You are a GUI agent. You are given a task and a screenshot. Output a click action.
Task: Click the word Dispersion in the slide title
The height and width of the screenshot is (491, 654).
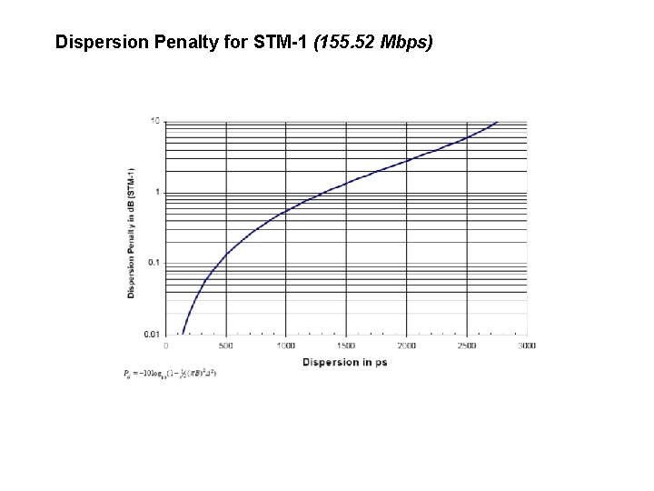96,43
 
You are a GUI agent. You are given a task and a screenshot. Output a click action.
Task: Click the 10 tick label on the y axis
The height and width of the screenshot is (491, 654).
155,120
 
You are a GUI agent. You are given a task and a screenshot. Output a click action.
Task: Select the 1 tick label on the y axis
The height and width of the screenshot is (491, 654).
158,192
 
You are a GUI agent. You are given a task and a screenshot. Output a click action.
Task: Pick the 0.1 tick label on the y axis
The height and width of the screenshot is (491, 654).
155,263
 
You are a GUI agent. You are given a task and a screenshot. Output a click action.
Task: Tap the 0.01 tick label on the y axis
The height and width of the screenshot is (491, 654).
154,335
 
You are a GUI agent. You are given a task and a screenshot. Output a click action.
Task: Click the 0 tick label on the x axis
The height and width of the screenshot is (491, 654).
165,346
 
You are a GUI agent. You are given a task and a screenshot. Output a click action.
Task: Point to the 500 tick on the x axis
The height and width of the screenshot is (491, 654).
226,346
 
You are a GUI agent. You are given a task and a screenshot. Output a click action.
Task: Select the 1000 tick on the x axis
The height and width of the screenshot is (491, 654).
286,346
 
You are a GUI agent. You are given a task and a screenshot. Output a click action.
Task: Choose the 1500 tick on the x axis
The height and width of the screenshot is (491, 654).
346,346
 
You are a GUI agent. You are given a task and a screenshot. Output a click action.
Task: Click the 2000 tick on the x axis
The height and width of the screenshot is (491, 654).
407,346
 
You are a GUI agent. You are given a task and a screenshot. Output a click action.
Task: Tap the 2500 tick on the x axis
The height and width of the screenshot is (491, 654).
467,346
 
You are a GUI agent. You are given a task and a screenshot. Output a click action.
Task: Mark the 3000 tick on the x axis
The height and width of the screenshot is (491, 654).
527,346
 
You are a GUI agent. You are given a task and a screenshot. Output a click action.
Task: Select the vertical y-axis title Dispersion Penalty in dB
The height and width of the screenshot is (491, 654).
133,232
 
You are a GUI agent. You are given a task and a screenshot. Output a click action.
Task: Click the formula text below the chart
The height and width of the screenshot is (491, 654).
168,373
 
